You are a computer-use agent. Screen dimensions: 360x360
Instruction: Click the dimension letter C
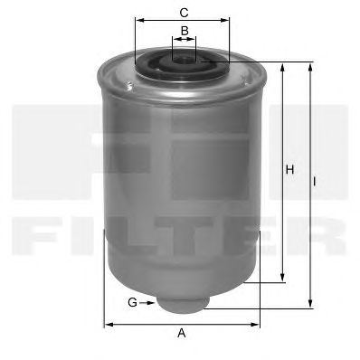(184, 13)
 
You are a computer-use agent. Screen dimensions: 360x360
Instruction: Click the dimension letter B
(185, 31)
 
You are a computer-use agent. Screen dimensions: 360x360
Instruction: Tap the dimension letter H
(289, 170)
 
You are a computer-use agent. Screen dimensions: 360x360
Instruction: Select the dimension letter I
(314, 182)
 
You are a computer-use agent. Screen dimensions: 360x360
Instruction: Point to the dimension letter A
(182, 333)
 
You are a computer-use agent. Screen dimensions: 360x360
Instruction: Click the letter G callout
(132, 302)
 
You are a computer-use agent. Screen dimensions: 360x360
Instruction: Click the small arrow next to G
(147, 303)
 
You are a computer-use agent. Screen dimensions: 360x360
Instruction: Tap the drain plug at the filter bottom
(183, 303)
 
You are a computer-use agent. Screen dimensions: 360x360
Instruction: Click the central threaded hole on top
(184, 60)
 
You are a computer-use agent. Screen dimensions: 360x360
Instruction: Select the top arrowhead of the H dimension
(282, 67)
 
